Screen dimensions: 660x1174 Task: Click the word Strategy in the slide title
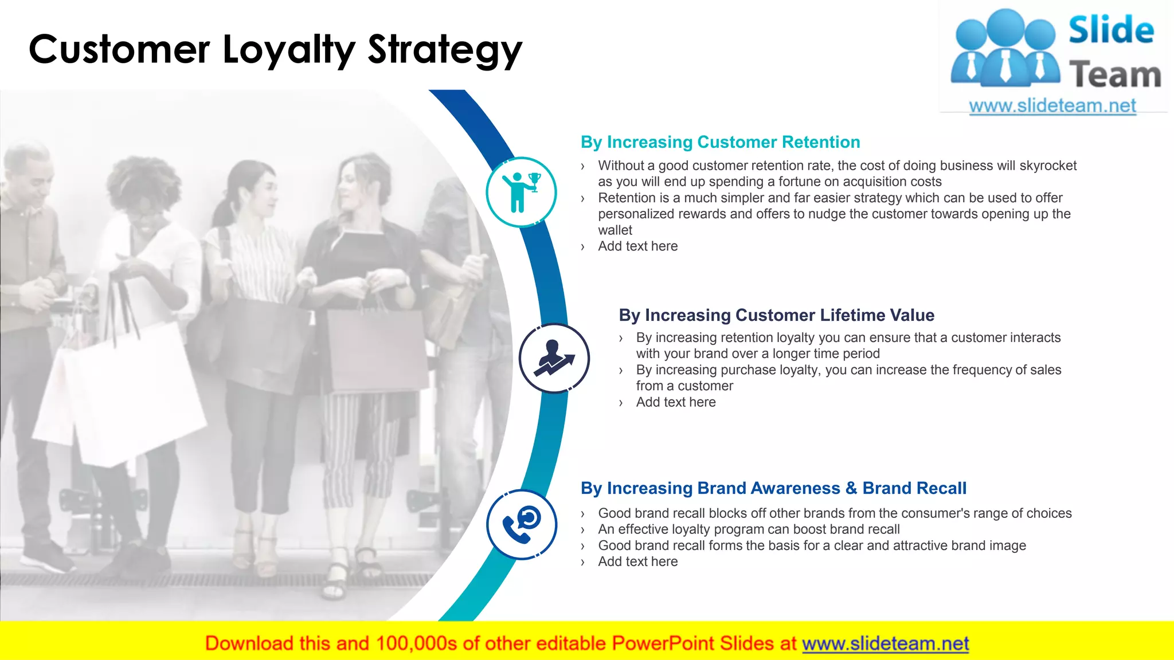coord(444,50)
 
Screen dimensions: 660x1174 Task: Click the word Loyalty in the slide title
coord(289,50)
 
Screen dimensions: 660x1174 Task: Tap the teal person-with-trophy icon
coord(521,192)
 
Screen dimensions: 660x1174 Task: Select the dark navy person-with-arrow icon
coord(554,358)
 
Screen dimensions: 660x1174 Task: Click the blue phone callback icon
coord(521,524)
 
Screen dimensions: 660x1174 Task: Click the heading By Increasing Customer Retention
coord(720,142)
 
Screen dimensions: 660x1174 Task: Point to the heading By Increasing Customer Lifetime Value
coord(776,315)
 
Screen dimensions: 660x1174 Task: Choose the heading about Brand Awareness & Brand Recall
coord(773,488)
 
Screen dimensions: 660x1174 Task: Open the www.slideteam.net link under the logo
coord(1052,106)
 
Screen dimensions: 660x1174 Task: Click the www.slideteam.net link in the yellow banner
coord(885,643)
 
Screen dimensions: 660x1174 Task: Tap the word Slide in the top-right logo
coord(1111,30)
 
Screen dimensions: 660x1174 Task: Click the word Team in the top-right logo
coord(1115,75)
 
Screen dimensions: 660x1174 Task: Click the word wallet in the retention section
coord(615,230)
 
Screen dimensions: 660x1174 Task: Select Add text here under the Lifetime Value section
coord(675,402)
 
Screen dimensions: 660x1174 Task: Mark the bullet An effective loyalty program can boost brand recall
coord(749,529)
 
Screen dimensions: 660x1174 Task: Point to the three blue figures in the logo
coord(1005,49)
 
